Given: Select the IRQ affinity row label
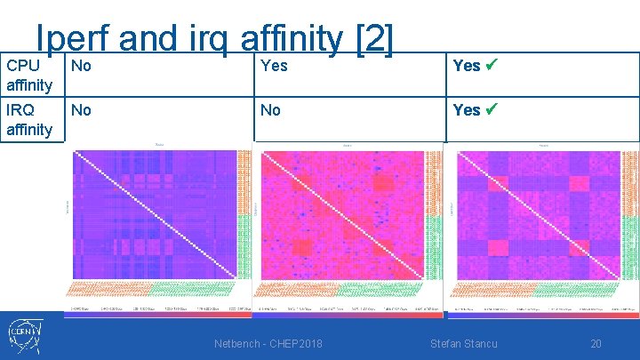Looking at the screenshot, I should point(29,120).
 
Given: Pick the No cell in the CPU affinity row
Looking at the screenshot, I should point(81,65).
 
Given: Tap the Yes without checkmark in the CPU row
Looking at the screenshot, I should point(271,65).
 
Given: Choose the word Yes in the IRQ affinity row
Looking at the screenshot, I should point(467,110).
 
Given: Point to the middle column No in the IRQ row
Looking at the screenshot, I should point(270,110).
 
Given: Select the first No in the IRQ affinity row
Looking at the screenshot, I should point(81,110).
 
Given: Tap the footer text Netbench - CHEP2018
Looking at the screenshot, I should point(268,344).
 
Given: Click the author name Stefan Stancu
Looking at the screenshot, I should point(463,344).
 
